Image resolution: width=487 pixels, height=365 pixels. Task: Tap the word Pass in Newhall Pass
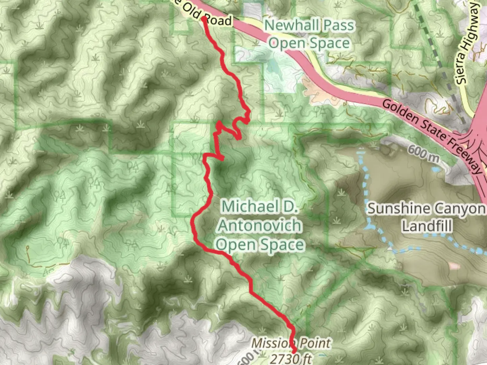click(x=338, y=25)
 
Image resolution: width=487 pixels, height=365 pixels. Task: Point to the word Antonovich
click(x=259, y=225)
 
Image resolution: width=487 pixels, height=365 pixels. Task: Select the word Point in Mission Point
click(x=313, y=343)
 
